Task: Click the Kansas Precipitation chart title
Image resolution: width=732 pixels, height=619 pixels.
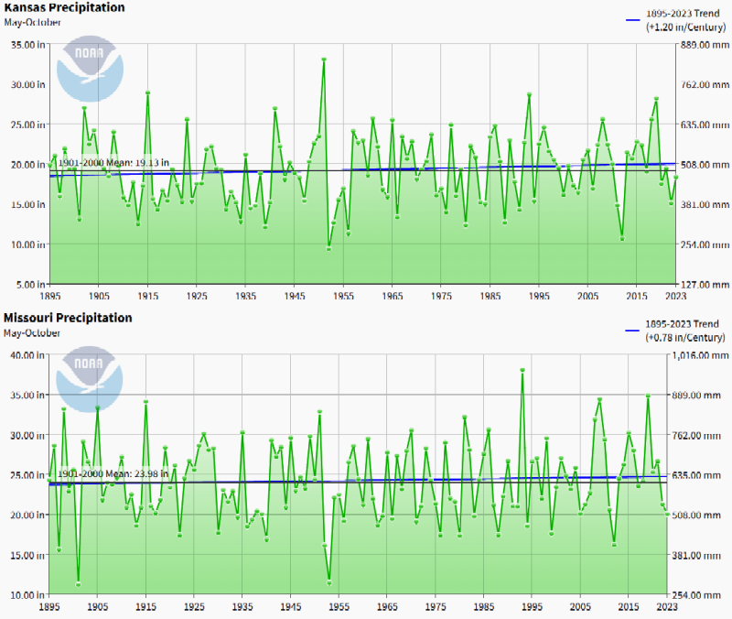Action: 63,7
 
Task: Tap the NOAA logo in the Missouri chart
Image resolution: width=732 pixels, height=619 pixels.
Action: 88,377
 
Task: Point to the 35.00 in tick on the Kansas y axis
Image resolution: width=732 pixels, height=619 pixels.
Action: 26,44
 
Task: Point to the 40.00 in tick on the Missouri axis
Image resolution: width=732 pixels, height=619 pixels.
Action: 26,354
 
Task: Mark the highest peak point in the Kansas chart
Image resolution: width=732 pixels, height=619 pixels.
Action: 324,60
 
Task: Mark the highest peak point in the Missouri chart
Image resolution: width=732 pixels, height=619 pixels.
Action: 522,370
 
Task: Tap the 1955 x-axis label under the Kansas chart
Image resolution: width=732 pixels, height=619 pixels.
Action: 343,297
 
